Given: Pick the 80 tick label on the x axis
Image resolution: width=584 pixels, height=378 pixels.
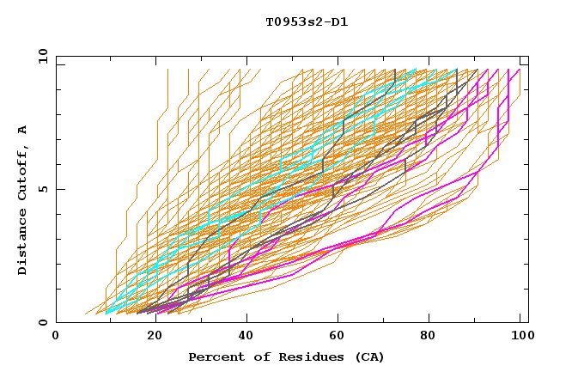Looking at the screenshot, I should click(x=431, y=336).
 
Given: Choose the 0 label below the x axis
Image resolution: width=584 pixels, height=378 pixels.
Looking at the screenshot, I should click(x=56, y=336).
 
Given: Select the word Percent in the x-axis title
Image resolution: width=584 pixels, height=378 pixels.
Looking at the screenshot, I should click(x=215, y=357).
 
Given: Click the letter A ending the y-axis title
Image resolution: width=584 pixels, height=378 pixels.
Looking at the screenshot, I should click(x=23, y=129).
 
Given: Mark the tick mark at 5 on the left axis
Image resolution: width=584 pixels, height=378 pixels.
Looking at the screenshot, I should click(x=59, y=189).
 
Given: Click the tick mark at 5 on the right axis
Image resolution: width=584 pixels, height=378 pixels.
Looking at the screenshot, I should click(x=525, y=189).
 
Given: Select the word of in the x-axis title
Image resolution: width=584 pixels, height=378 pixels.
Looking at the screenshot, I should click(x=261, y=357).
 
